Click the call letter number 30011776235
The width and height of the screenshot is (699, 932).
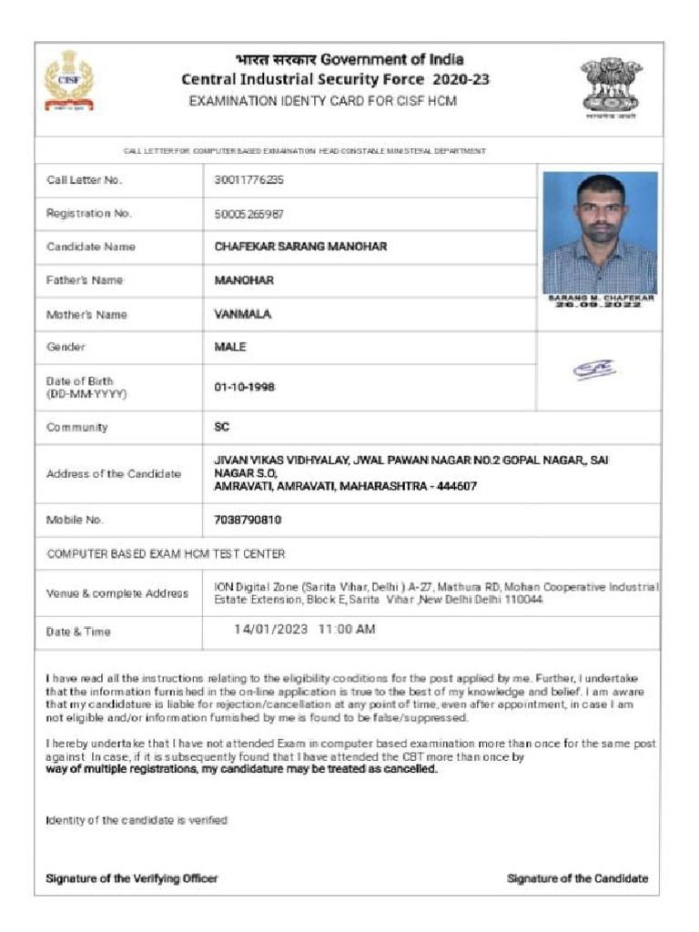(x=248, y=180)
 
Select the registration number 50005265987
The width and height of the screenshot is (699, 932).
(x=248, y=214)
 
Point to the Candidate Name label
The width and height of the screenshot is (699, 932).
(x=91, y=247)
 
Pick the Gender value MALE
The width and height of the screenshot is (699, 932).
(x=230, y=347)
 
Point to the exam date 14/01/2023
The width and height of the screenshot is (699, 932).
(x=271, y=630)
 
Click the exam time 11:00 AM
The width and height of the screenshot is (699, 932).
(x=347, y=630)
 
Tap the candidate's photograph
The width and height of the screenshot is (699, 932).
(x=599, y=233)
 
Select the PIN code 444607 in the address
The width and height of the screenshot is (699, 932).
(x=457, y=487)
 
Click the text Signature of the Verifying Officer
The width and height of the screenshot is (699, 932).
(x=132, y=878)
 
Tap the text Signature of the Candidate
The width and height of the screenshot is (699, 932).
(x=577, y=878)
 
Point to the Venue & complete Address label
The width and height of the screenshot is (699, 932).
(x=117, y=593)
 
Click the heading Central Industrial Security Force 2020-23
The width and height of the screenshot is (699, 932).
(x=336, y=80)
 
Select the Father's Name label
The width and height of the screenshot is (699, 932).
(x=85, y=280)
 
